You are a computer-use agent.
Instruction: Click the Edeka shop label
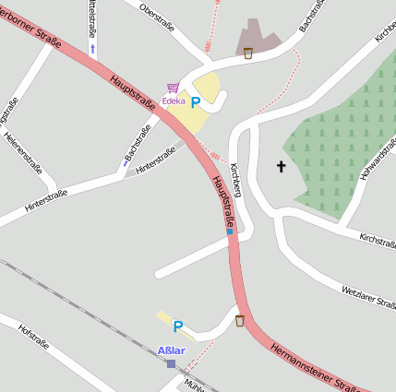pos(173,101)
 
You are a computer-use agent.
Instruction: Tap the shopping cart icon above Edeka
pos(173,88)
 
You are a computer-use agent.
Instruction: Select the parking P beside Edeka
pos(195,103)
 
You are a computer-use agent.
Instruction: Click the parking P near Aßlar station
pos(178,326)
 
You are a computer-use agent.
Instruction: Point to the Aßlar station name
pos(172,350)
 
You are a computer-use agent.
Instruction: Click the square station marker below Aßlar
pos(171,363)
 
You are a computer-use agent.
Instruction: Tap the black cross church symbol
pos(281,166)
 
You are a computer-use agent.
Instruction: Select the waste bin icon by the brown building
pos(247,53)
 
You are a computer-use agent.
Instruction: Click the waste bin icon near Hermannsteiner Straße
pos(240,320)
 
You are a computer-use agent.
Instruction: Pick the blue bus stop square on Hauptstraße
pos(229,232)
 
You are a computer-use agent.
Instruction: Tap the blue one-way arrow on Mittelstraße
pos(92,47)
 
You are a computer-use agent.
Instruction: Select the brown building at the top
pos(258,36)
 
